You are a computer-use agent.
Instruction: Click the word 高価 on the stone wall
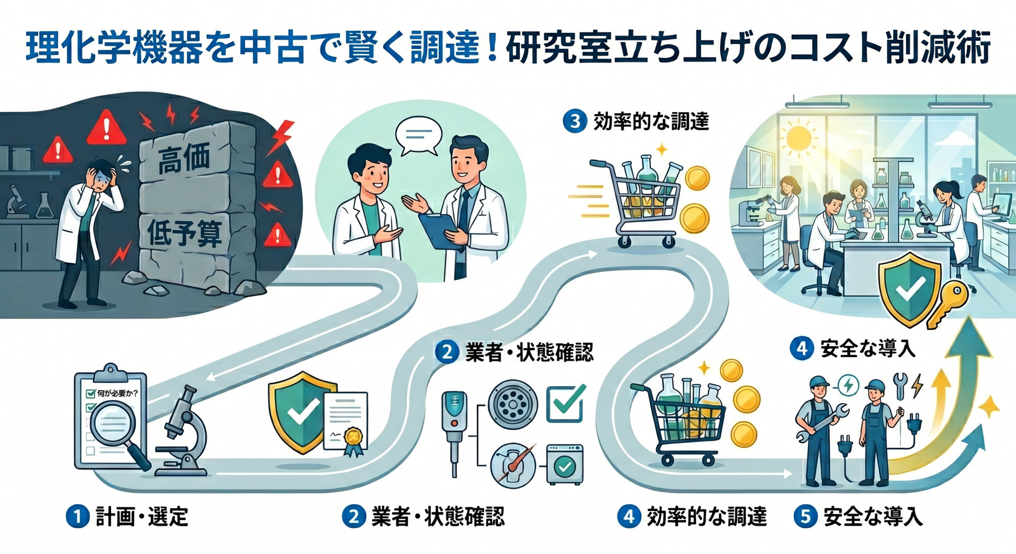point(184,158)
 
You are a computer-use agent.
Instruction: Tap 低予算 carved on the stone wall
point(185,233)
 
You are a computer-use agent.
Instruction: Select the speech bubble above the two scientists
point(419,136)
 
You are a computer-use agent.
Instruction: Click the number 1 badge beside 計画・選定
point(77,516)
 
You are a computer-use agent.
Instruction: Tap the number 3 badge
point(575,122)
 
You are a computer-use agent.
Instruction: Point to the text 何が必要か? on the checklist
point(117,393)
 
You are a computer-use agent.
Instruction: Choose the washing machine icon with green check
point(565,464)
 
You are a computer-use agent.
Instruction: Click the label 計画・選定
point(142,516)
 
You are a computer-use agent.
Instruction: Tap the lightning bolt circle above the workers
point(849,385)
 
